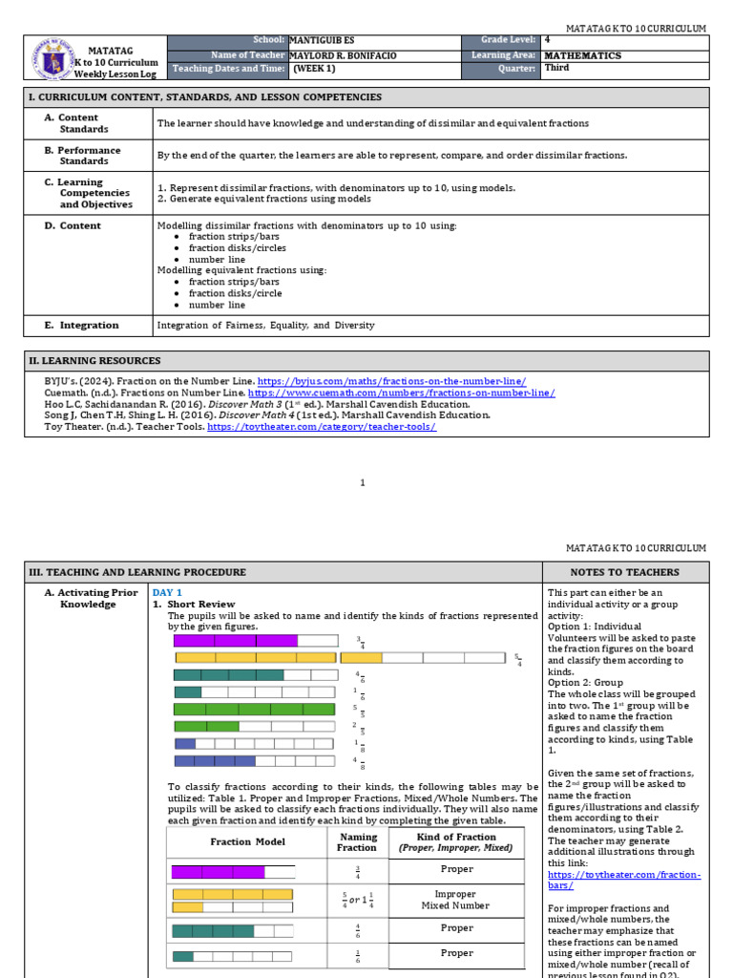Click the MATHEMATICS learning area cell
[x=582, y=55]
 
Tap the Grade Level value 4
[x=547, y=41]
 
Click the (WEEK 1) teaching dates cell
[x=314, y=69]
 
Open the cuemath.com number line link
[x=401, y=393]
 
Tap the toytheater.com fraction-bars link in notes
[x=623, y=880]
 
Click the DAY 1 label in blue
[x=167, y=593]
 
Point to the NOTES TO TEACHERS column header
[x=625, y=572]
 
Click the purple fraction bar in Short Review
[x=235, y=641]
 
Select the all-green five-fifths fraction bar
[x=254, y=709]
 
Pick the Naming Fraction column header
[x=357, y=841]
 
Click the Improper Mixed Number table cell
[x=455, y=900]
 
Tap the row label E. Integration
[x=81, y=326]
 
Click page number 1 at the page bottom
[x=363, y=483]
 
